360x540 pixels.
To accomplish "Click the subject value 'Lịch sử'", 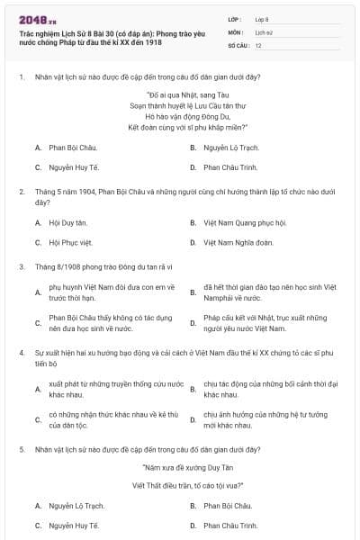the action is click(264, 31).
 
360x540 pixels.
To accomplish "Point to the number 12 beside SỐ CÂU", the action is click(259, 44).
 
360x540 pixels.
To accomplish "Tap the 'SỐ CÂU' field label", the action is click(238, 44).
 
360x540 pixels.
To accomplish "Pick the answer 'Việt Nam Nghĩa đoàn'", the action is click(238, 242).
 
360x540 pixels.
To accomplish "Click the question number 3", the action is click(20, 266).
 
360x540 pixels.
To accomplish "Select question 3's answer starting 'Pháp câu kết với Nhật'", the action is click(247, 322).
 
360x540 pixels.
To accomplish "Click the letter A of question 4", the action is click(38, 389).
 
